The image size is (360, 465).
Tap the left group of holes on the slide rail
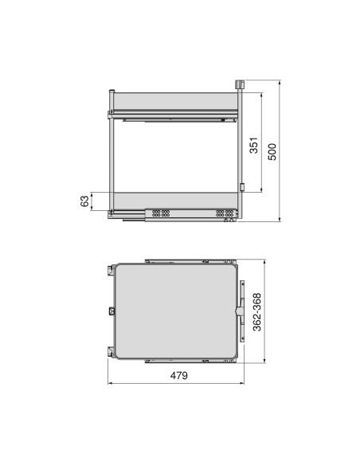point(160,213)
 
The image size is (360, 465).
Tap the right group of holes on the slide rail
point(225,213)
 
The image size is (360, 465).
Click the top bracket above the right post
point(240,84)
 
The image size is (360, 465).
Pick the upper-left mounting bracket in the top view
point(104,271)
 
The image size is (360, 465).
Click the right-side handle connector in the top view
point(242,310)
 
